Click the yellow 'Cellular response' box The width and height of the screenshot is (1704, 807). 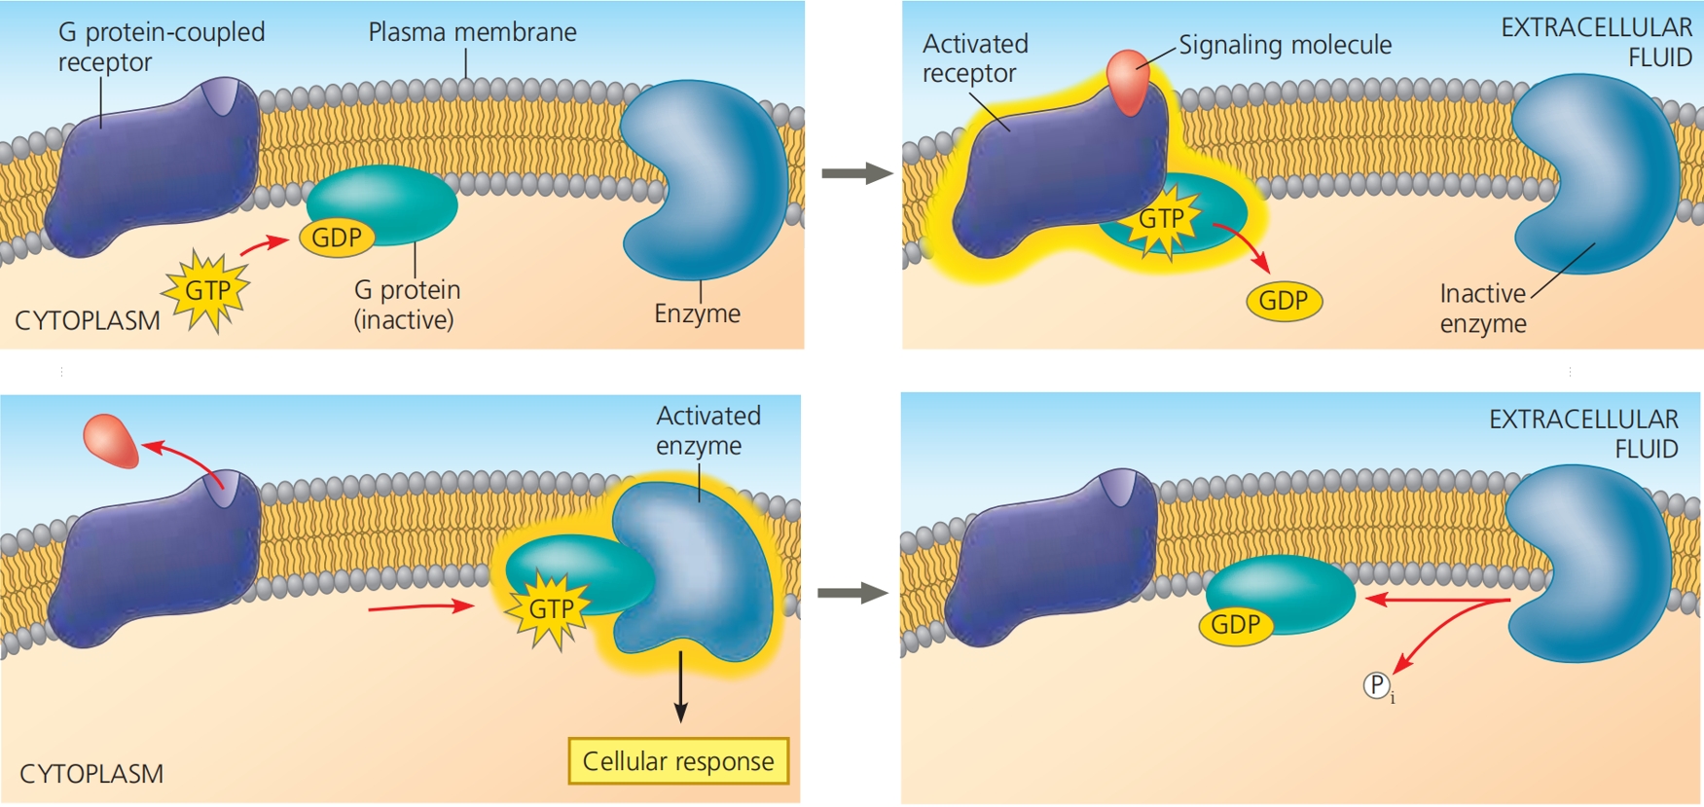point(678,761)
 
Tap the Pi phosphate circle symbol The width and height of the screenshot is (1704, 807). point(1376,685)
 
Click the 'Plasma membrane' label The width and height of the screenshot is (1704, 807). point(472,32)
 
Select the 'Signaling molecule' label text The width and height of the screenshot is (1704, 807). point(1285,45)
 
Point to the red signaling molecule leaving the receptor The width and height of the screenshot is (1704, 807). point(111,440)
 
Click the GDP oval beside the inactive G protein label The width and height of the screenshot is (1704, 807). point(337,238)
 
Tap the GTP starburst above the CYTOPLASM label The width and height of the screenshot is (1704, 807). point(207,290)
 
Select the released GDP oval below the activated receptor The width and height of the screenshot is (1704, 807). point(1284,301)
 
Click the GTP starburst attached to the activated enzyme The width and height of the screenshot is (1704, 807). point(551,609)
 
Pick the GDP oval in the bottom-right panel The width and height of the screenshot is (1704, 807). point(1236,624)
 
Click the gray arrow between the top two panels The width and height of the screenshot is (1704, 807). point(856,174)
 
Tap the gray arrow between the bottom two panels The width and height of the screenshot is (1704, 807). point(852,593)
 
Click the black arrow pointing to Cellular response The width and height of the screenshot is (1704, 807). point(680,686)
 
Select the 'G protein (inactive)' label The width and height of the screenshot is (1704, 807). point(407,305)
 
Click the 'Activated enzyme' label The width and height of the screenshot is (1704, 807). point(707,430)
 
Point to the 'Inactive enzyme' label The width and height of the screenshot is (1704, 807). point(1483,309)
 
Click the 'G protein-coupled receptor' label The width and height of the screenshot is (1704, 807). point(161,47)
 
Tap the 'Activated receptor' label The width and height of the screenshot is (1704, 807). point(974,58)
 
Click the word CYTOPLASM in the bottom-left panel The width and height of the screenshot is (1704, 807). point(91,774)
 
